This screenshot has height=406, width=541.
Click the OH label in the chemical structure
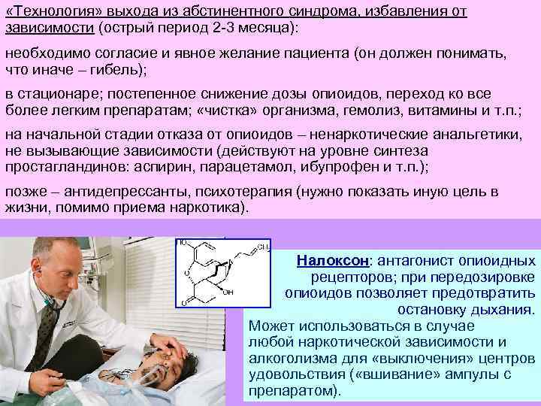click(x=228, y=292)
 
